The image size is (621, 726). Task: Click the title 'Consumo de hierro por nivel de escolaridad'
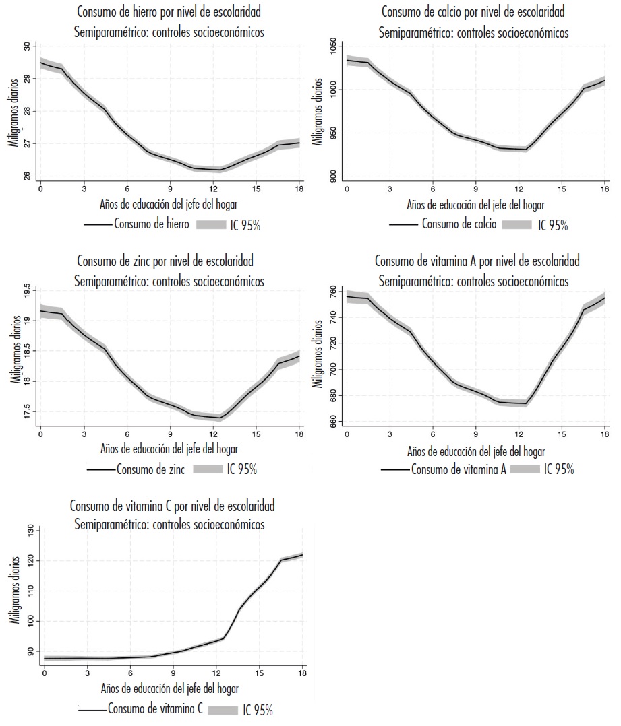[x=169, y=11]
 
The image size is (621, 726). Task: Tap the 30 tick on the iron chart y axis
[x=28, y=46]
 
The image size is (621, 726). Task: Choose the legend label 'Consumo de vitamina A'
[x=459, y=469]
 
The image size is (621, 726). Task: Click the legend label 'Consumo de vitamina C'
[x=155, y=708]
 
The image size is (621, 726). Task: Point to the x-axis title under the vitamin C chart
[x=169, y=688]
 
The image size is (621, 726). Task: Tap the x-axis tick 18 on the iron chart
[x=299, y=187]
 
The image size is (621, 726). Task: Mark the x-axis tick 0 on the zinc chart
[x=40, y=431]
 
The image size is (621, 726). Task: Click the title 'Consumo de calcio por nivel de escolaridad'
[x=473, y=11]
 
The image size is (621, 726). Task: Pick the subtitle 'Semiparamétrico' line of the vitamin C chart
[x=169, y=525]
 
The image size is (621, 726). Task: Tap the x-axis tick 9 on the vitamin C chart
[x=173, y=672]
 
